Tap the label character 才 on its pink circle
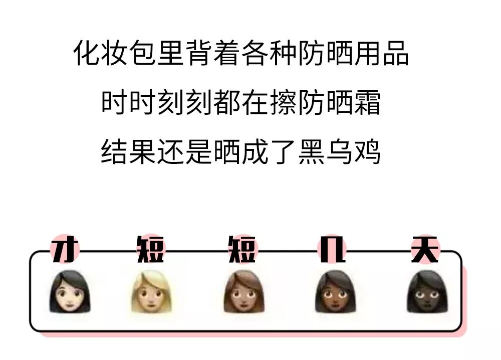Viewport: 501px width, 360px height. (x=64, y=249)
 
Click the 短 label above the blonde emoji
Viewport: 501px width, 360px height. (x=150, y=249)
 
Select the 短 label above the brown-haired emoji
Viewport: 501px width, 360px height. (x=242, y=249)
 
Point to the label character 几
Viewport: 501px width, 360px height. (x=333, y=249)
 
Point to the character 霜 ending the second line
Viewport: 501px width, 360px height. (x=367, y=103)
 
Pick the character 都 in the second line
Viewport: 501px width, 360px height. (x=226, y=103)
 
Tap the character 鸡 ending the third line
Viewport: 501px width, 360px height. (x=367, y=152)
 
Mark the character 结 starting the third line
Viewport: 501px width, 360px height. (x=115, y=152)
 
